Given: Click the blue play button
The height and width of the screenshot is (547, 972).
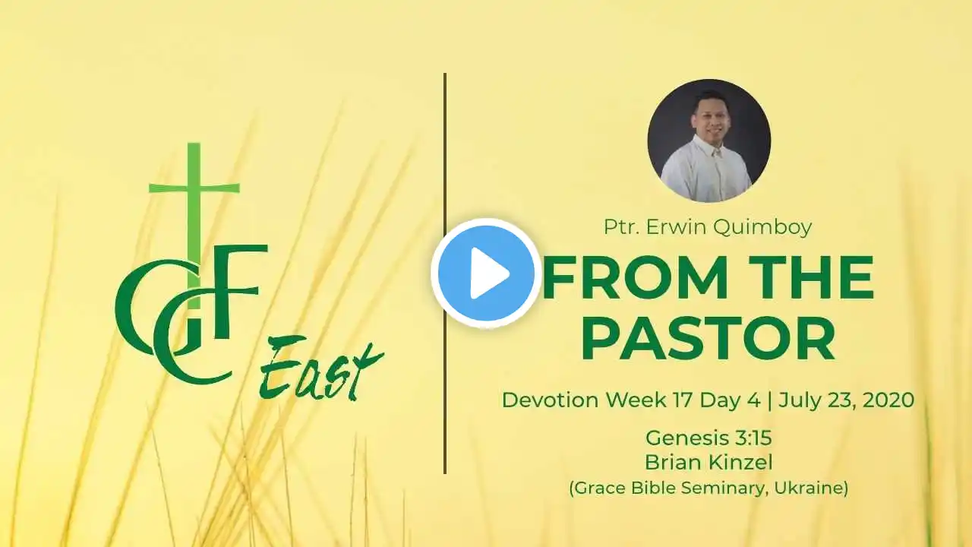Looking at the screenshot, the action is pos(486,273).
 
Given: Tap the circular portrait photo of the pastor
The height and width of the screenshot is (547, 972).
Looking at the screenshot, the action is pos(709,141).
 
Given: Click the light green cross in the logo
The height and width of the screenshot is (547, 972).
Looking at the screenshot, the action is pos(194,226).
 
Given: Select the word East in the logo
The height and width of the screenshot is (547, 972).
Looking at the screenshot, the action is pos(321,372).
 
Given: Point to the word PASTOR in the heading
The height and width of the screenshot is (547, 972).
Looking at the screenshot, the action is pos(708,339).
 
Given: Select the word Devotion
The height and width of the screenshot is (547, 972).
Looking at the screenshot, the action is pos(551,400).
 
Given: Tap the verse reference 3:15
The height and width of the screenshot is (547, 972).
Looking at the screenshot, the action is pos(753,438).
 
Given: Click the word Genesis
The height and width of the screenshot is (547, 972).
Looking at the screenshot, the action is pos(688,438).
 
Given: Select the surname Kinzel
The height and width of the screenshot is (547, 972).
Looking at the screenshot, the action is pos(743,463).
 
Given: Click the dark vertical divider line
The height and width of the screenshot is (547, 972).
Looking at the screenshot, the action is pos(445,273).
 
